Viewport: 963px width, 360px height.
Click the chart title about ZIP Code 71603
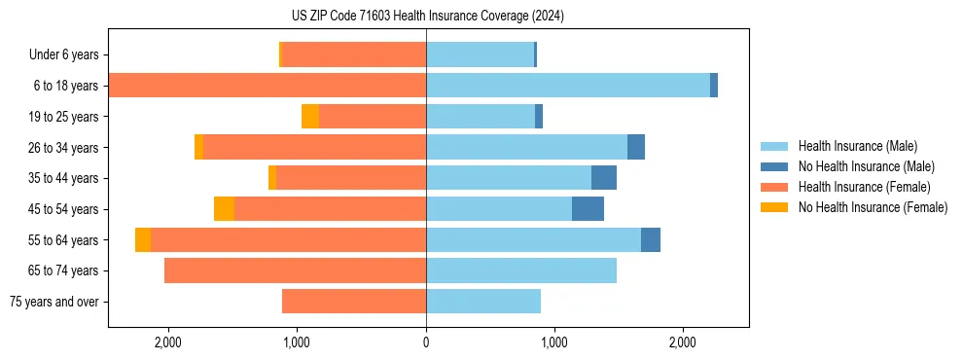click(x=427, y=17)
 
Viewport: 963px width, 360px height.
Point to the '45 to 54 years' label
click(x=64, y=209)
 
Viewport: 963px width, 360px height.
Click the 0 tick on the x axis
click(x=426, y=342)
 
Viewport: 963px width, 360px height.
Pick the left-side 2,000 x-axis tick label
click(x=168, y=342)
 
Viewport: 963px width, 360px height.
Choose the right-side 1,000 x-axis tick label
click(x=554, y=342)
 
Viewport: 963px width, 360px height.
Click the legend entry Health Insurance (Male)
click(x=857, y=146)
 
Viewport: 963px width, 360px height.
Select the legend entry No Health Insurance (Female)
click(x=873, y=207)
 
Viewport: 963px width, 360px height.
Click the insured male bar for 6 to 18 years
click(x=567, y=86)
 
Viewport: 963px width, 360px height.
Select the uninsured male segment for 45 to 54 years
click(x=588, y=209)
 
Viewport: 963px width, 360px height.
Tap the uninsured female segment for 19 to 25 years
click(x=310, y=117)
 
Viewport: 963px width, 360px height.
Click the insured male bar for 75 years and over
click(x=483, y=302)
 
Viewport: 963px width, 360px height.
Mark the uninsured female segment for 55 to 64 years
click(x=143, y=239)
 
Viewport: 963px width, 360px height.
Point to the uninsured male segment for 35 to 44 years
click(x=604, y=178)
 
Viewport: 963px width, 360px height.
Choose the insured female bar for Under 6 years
click(x=354, y=54)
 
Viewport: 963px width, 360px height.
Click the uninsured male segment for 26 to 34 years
click(x=636, y=147)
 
